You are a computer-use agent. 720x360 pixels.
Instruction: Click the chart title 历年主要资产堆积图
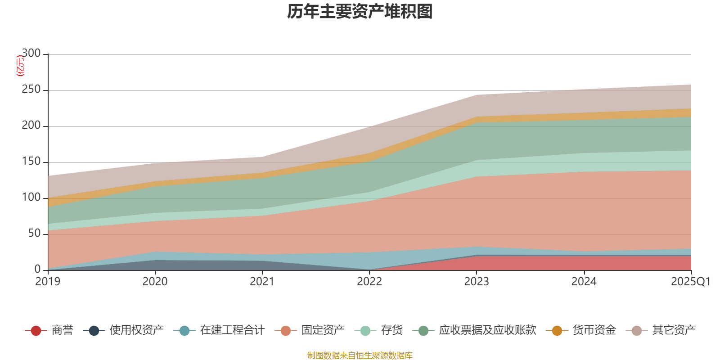(x=360, y=12)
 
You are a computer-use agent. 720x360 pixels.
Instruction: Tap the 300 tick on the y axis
(x=31, y=54)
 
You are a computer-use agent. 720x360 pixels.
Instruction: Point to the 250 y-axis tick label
(x=31, y=90)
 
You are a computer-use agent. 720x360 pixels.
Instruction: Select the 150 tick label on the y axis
(x=31, y=162)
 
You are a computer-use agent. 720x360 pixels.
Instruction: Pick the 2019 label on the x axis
(x=48, y=282)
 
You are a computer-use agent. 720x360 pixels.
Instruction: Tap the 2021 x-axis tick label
(x=262, y=282)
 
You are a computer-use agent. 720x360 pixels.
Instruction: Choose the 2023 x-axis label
(x=477, y=282)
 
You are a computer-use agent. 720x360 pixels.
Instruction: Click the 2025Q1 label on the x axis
(x=690, y=282)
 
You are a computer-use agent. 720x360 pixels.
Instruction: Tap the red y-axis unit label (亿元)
(x=20, y=66)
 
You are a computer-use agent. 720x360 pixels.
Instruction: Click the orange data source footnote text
(x=360, y=355)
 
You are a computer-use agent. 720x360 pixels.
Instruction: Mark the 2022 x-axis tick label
(x=369, y=282)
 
